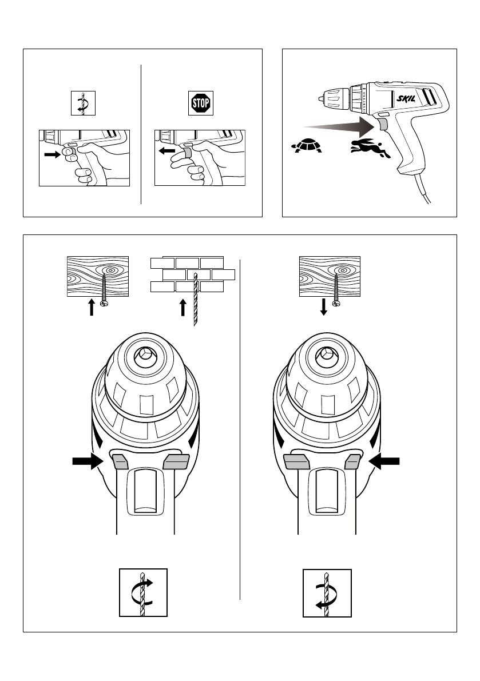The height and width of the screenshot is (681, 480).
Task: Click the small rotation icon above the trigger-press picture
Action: [82, 103]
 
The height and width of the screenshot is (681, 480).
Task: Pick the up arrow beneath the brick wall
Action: [183, 308]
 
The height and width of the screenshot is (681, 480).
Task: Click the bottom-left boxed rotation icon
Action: [143, 593]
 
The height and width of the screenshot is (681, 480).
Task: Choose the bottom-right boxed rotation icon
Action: [327, 593]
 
